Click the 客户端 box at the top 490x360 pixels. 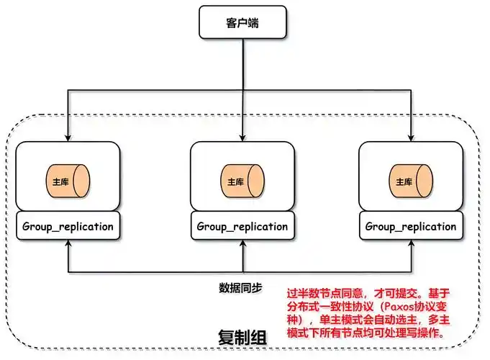(x=242, y=22)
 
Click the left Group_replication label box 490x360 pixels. (x=68, y=226)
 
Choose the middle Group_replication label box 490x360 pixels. (x=242, y=226)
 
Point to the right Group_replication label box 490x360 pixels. (x=411, y=226)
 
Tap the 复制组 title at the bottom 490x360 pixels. (x=242, y=338)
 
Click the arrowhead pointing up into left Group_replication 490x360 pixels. (x=68, y=245)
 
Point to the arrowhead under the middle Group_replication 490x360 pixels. (x=242, y=245)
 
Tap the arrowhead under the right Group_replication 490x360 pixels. (x=411, y=245)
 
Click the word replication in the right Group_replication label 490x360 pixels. (x=426, y=226)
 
